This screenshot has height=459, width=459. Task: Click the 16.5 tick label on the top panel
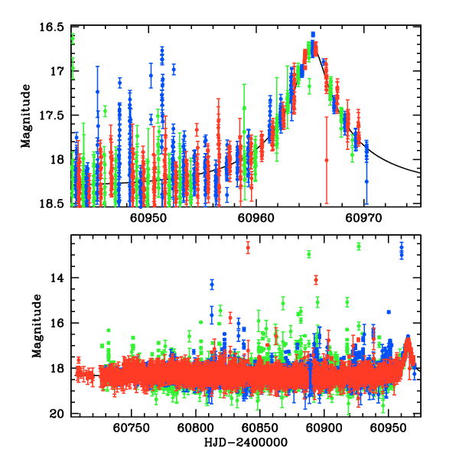tap(54, 27)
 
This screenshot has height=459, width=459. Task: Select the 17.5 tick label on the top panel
tap(54, 116)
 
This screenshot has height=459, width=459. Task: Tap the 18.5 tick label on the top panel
tap(54, 204)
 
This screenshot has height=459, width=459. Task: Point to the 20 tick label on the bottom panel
tap(60, 414)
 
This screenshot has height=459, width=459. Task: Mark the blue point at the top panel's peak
tap(313, 34)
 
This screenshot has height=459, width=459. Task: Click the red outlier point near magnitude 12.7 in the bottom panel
tap(248, 247)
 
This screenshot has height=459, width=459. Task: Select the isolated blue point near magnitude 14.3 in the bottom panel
tap(212, 284)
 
